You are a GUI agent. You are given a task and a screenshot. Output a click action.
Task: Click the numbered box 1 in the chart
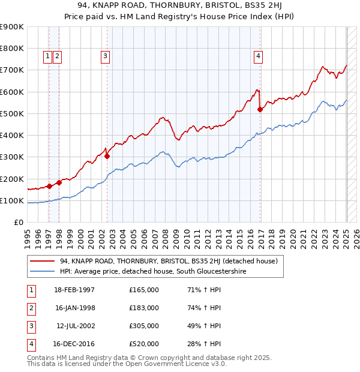[47, 56]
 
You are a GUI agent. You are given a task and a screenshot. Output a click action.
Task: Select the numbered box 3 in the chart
[105, 56]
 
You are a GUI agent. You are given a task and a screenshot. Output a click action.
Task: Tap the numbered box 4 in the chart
[258, 56]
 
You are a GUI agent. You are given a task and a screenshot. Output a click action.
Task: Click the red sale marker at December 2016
[260, 109]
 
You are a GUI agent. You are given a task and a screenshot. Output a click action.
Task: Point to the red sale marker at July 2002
[107, 156]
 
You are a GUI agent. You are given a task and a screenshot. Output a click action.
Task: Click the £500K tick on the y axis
[11, 113]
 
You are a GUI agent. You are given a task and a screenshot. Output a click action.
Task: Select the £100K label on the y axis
[11, 200]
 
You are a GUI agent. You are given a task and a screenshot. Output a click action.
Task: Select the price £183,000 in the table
[144, 308]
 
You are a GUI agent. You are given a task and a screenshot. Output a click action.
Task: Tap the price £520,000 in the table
[144, 344]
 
